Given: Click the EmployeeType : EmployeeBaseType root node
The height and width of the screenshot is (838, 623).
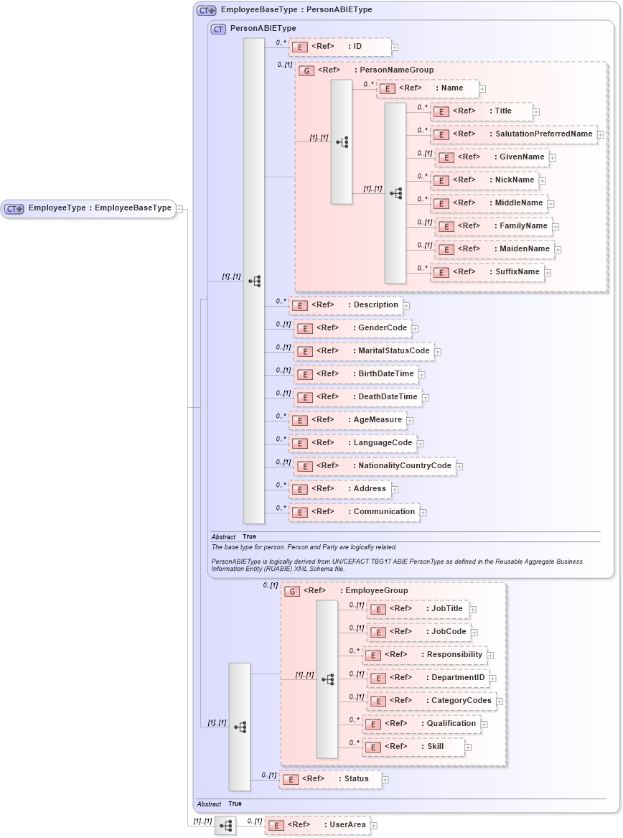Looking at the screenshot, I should [89, 208].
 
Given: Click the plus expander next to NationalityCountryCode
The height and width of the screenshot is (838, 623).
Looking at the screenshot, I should [459, 467].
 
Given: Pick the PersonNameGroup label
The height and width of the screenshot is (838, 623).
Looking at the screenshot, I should [396, 70].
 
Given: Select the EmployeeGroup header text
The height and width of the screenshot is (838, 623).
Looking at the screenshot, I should [376, 590].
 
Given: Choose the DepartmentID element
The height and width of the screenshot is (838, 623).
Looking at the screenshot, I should [428, 678].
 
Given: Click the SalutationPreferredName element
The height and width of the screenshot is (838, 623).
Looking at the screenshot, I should [513, 134].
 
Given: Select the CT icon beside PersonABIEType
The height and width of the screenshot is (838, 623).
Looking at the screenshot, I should [218, 29].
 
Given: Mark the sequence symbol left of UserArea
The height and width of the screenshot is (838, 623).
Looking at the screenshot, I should [225, 826].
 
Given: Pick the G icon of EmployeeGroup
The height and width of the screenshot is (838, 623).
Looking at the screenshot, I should [292, 591].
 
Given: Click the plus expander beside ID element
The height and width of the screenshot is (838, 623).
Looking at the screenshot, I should [395, 47].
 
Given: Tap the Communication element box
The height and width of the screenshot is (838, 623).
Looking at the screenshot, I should [354, 512].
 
